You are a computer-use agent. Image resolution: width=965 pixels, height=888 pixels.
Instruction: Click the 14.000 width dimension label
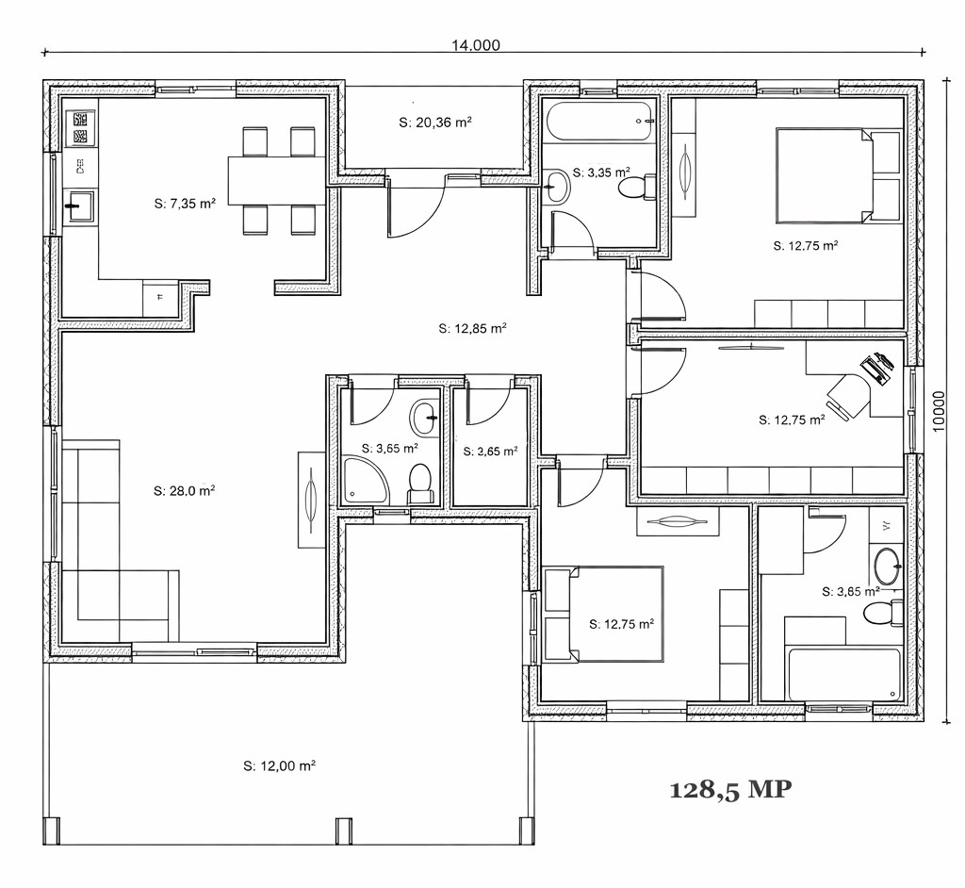(476, 45)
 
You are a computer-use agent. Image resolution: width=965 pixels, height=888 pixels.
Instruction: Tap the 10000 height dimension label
(939, 411)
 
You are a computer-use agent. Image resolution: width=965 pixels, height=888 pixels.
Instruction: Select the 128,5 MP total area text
(730, 789)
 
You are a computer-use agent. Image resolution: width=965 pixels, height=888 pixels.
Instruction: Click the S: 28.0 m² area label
(184, 491)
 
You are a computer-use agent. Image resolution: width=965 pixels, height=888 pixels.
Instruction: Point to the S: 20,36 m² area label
(435, 122)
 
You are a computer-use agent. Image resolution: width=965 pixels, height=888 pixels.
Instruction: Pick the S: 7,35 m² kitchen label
(185, 204)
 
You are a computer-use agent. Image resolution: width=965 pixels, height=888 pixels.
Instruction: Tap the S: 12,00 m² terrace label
(279, 766)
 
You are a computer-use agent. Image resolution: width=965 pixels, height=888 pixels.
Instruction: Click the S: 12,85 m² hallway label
(473, 328)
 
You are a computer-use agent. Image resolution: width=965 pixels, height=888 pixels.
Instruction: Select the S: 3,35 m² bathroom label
(601, 173)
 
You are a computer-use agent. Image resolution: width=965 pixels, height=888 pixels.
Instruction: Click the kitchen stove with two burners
(80, 128)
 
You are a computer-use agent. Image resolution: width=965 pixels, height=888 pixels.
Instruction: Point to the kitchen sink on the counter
(79, 206)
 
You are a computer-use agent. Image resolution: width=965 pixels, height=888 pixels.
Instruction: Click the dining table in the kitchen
(276, 180)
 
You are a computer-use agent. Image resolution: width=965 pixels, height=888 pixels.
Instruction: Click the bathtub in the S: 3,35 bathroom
(600, 122)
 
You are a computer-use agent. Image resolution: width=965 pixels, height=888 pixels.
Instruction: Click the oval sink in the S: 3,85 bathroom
(887, 566)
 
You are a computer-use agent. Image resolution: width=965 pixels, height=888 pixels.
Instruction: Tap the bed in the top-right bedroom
(824, 175)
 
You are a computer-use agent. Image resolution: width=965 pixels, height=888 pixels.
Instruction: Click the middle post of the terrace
(343, 831)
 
